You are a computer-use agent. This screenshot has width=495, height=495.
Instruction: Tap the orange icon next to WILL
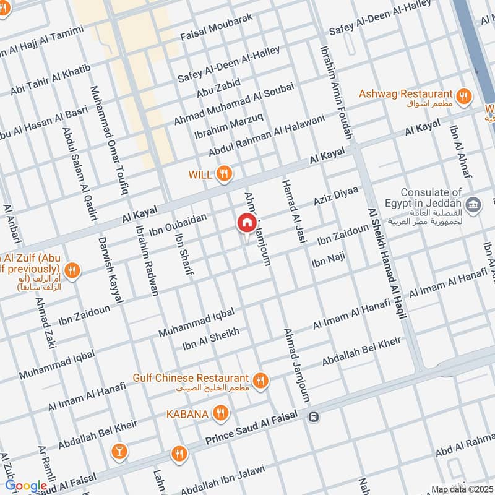pyautogui.click(x=225, y=175)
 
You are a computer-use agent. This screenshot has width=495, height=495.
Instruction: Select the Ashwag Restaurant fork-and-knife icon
pyautogui.click(x=463, y=96)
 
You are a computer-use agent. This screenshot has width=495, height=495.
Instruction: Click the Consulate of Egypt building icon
pyautogui.click(x=474, y=204)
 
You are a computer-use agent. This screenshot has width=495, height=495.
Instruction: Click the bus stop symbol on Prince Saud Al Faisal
pyautogui.click(x=314, y=417)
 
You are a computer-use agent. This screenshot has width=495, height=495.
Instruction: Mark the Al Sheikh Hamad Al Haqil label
pyautogui.click(x=387, y=263)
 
